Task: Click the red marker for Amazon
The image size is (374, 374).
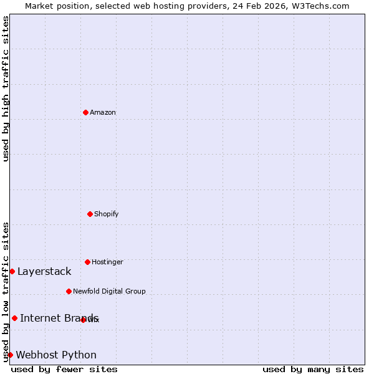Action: click(85, 112)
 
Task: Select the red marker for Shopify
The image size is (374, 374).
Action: click(90, 214)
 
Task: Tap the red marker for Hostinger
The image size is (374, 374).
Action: click(87, 262)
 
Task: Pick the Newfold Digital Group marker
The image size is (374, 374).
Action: click(69, 291)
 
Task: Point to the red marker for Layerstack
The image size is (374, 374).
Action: click(12, 271)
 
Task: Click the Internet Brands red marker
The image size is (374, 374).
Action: click(14, 318)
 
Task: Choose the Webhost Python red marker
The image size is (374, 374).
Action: click(10, 355)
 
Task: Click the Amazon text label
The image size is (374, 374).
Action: click(103, 112)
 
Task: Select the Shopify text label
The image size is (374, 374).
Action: click(107, 214)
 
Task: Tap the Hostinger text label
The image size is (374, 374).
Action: click(107, 262)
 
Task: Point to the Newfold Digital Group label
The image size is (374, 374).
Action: click(109, 291)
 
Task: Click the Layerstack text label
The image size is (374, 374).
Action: click(44, 271)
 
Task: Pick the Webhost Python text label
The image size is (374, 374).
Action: click(56, 355)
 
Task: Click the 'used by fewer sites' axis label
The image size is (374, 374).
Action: click(64, 369)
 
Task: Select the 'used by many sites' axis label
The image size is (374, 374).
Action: click(313, 369)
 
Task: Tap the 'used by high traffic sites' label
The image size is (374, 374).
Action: click(6, 89)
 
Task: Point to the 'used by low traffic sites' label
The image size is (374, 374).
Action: click(6, 292)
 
